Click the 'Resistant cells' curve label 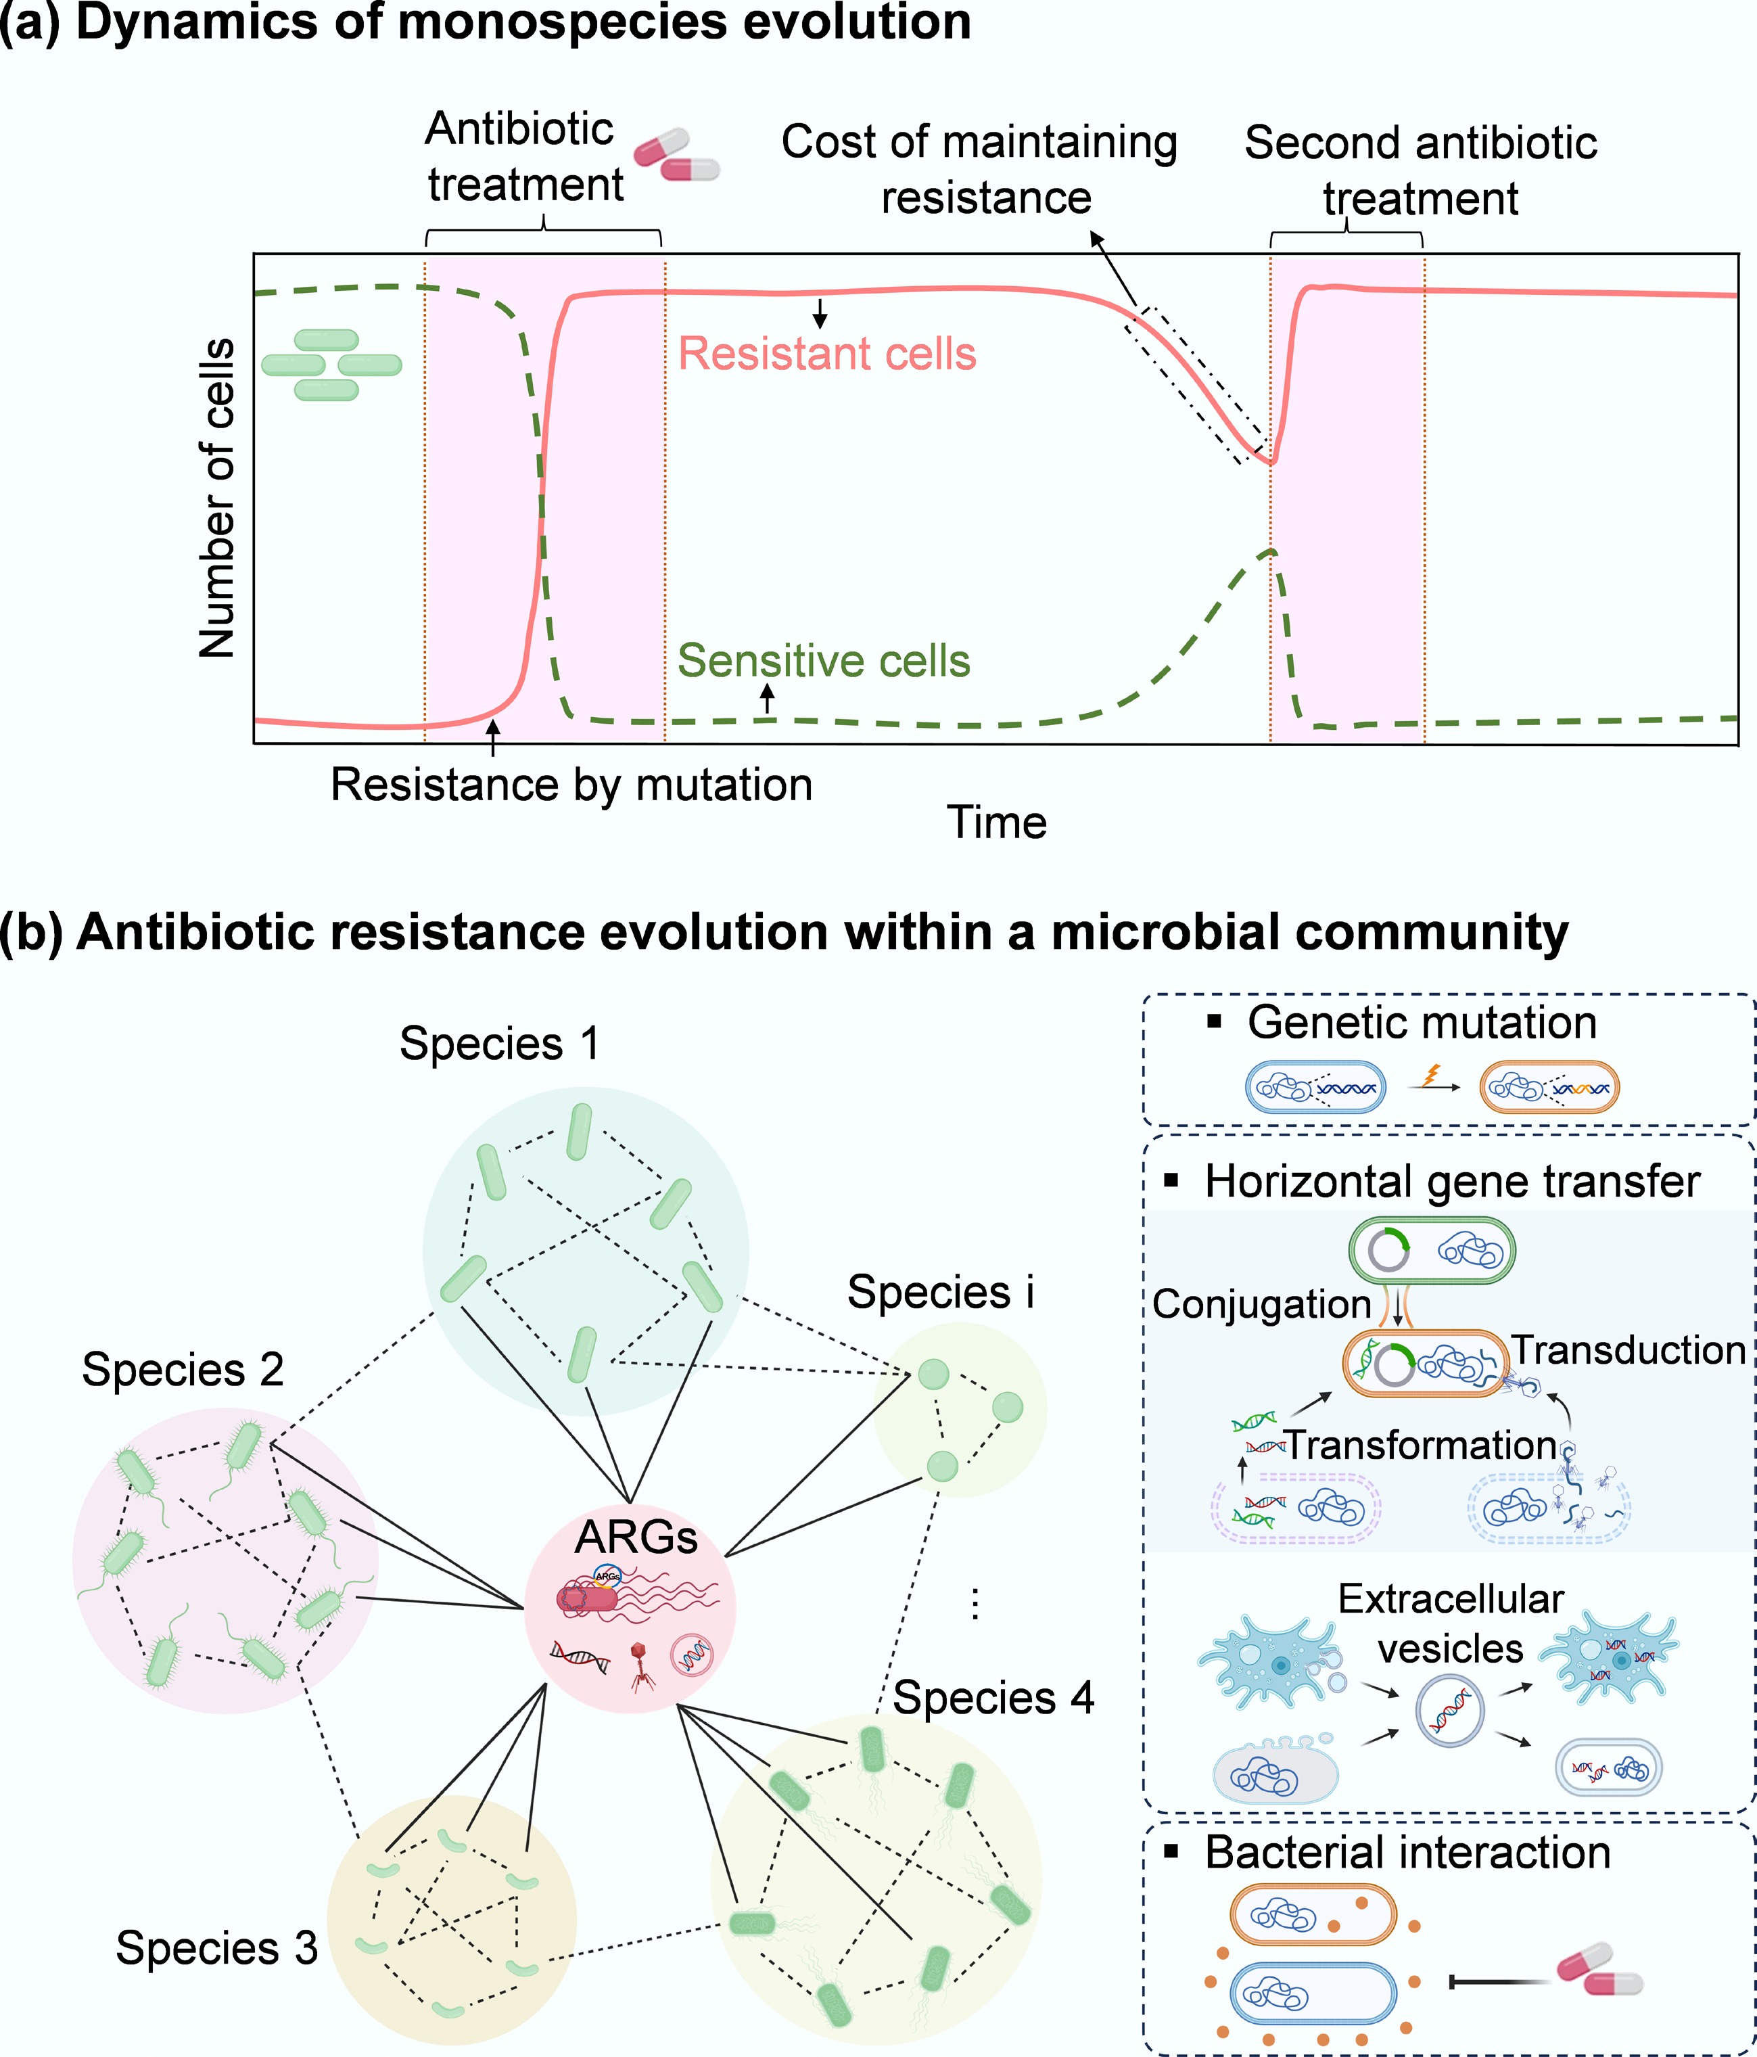pyautogui.click(x=827, y=354)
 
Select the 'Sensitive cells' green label pyautogui.click(x=823, y=661)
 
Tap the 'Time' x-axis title pyautogui.click(x=997, y=823)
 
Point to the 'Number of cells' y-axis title pyautogui.click(x=217, y=499)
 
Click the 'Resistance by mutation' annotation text pyautogui.click(x=571, y=785)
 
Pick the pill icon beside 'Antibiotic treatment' pyautogui.click(x=677, y=155)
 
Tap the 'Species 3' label pyautogui.click(x=216, y=1948)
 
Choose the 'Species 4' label pyautogui.click(x=993, y=1698)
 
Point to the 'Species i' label pyautogui.click(x=940, y=1293)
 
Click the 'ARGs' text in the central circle pyautogui.click(x=636, y=1538)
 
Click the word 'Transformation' pyautogui.click(x=1422, y=1446)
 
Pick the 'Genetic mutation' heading pyautogui.click(x=1422, y=1023)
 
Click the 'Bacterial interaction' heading pyautogui.click(x=1407, y=1853)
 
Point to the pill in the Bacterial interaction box pyautogui.click(x=1599, y=1970)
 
